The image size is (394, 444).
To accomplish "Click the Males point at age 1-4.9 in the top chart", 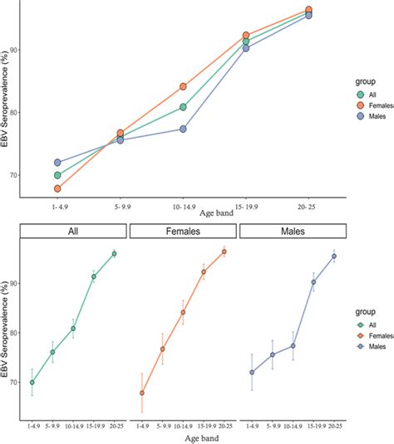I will pos(57,163).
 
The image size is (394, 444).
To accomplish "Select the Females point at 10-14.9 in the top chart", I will pos(183,86).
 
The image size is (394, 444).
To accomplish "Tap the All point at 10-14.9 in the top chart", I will pos(183,107).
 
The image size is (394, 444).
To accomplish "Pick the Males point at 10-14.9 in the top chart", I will pos(183,129).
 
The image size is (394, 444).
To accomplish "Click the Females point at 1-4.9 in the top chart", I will pos(57,189).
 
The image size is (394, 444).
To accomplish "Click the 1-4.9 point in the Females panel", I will pos(142,393).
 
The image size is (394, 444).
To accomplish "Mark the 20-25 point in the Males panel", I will pos(334,256).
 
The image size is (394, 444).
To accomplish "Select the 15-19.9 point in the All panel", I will pos(94,276).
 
